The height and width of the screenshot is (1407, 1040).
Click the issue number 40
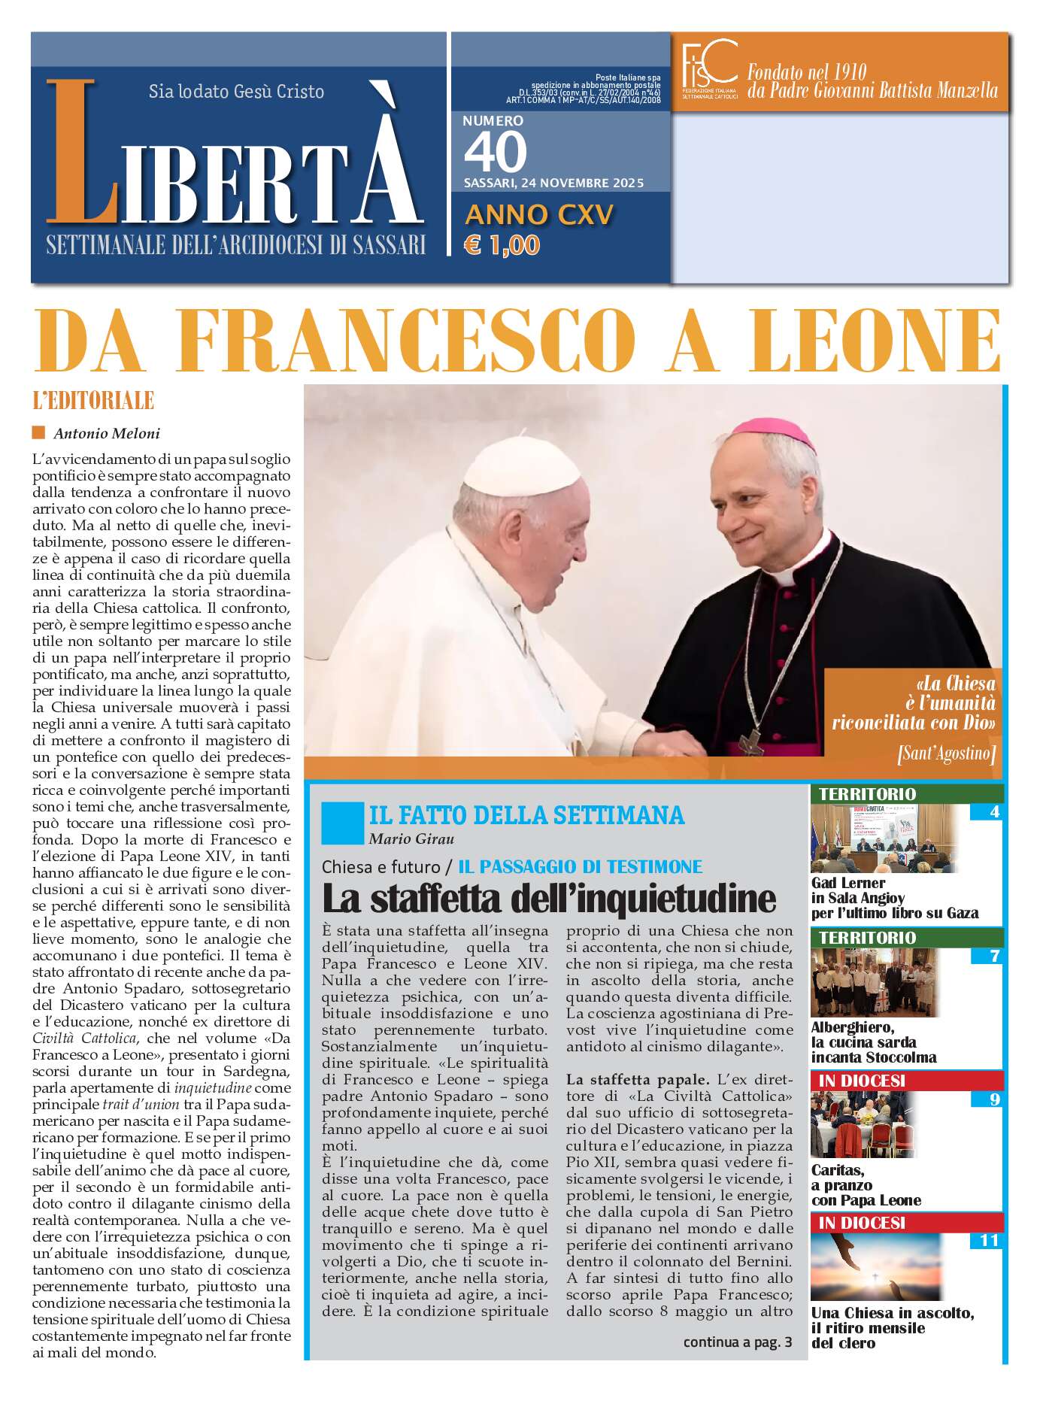click(x=495, y=152)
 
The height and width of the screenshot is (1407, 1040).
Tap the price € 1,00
click(x=502, y=245)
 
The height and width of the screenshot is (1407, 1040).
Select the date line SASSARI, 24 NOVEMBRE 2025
click(x=553, y=183)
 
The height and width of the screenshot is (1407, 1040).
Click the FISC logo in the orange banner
click(x=708, y=68)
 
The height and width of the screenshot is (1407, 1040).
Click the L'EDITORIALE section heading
click(x=93, y=400)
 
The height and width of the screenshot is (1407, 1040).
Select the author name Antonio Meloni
click(x=106, y=433)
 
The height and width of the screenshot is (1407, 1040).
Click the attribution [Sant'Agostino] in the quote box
click(x=946, y=753)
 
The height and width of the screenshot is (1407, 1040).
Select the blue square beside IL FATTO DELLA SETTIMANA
click(x=342, y=823)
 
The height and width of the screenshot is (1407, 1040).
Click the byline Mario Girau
click(x=411, y=838)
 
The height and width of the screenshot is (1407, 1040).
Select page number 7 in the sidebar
click(x=994, y=957)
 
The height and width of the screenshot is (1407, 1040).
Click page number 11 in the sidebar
click(x=988, y=1240)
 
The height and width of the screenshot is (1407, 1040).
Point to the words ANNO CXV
click(x=539, y=215)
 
